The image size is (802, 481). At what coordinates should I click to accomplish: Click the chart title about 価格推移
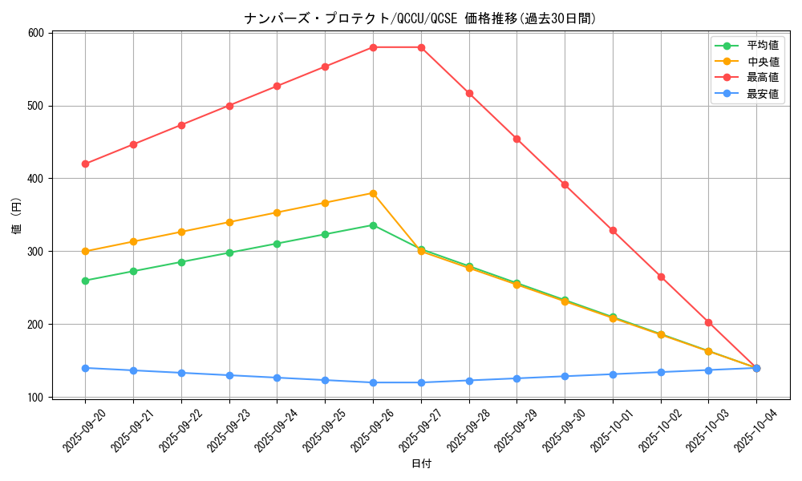(x=420, y=18)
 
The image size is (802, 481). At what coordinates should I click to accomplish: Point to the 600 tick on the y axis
(x=35, y=33)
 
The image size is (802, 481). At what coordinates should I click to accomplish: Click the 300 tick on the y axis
(x=35, y=252)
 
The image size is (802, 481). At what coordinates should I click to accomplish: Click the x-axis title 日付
(x=421, y=464)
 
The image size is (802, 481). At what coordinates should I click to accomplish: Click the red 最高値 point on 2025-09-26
(x=373, y=47)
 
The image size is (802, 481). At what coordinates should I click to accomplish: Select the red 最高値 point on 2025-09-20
(x=85, y=164)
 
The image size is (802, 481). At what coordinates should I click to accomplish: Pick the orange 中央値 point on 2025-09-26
(x=373, y=193)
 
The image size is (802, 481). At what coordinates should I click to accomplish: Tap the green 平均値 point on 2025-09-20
(x=85, y=281)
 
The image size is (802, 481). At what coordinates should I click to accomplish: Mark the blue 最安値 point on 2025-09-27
(x=421, y=382)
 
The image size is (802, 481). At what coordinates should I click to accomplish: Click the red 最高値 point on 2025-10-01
(x=613, y=230)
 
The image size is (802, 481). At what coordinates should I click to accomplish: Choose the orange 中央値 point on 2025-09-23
(x=229, y=222)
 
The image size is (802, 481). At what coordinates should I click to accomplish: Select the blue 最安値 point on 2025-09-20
(x=85, y=368)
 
